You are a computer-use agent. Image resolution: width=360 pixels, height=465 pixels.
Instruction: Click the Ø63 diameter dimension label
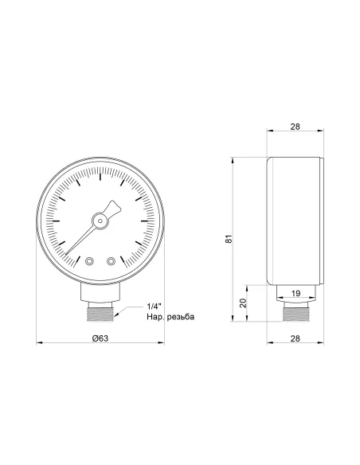pos(100,338)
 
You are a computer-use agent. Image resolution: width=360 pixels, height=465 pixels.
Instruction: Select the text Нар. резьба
pos(170,318)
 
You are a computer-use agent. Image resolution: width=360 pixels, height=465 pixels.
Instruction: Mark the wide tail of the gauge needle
pos(116,208)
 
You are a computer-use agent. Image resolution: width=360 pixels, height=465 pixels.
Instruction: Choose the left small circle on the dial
pos(89,260)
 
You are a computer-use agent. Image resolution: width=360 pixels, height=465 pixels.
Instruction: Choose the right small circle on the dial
pos(111,260)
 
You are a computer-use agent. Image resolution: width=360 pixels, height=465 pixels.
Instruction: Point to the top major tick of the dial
pos(100,178)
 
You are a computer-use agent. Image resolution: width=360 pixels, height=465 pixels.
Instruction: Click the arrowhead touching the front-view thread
pos(117,315)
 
